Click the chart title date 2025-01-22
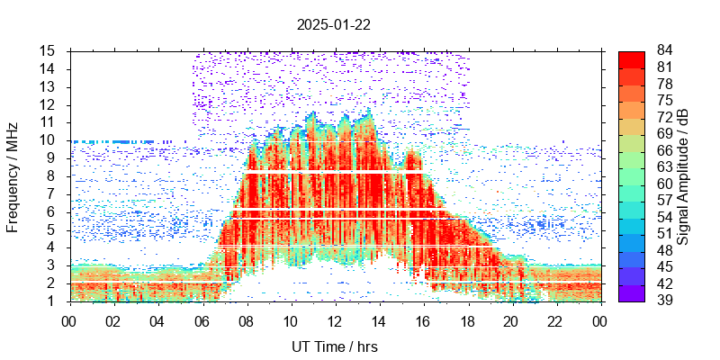click(334, 25)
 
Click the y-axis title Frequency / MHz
click(13, 175)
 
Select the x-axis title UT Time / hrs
click(334, 346)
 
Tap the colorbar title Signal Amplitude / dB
click(683, 176)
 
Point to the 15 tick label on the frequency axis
click(49, 50)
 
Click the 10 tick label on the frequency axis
click(49, 140)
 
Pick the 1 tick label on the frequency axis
click(53, 301)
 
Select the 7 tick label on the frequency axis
click(53, 193)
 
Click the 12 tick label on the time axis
click(334, 321)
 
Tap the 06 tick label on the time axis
click(202, 321)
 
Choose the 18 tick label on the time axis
click(467, 321)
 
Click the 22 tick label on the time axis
click(555, 321)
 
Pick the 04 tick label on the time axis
click(157, 321)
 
